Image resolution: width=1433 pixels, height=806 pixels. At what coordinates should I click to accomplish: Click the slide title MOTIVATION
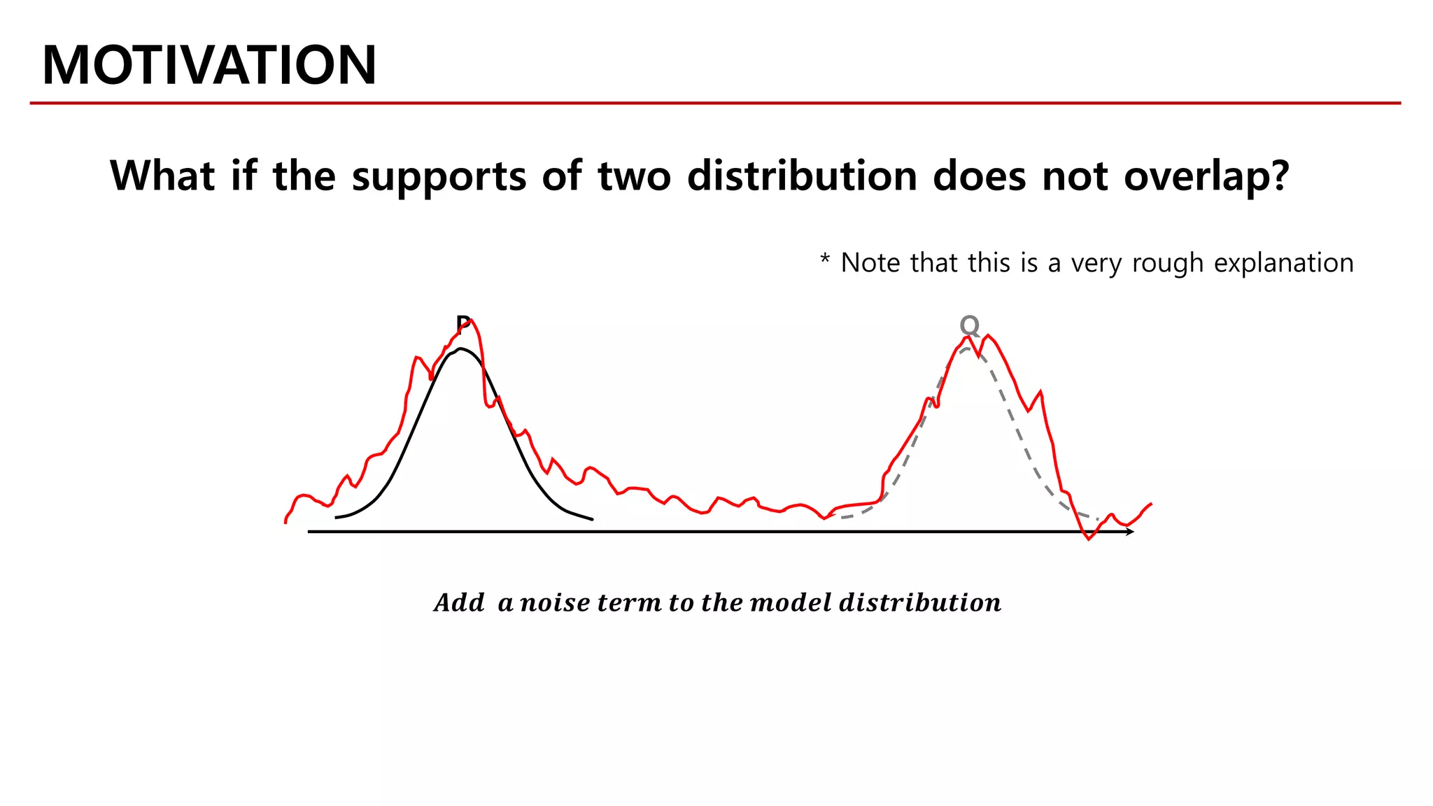click(209, 65)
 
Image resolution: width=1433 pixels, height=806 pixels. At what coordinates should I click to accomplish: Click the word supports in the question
click(439, 176)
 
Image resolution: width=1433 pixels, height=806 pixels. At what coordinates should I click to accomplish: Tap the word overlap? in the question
click(1206, 176)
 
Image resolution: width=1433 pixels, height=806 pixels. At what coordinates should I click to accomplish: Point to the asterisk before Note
click(825, 260)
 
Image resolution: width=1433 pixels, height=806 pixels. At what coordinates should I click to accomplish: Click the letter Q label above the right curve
click(969, 325)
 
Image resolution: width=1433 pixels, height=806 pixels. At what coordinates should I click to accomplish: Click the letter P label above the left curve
click(462, 324)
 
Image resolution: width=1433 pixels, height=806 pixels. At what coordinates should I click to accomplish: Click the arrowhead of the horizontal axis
click(1129, 532)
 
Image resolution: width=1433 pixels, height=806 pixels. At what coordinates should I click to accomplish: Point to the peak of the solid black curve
click(460, 348)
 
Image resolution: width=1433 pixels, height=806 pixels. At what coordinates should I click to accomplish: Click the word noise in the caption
click(555, 603)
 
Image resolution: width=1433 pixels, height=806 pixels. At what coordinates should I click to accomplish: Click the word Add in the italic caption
click(459, 603)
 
